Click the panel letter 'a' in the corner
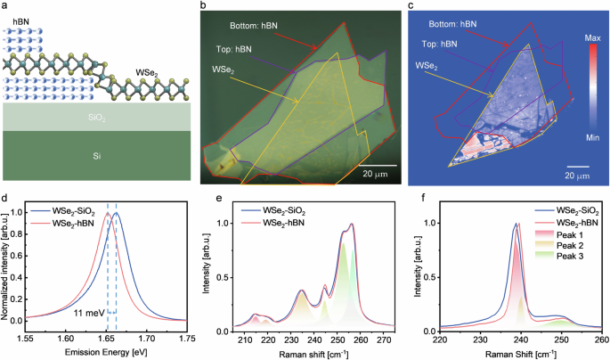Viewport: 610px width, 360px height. [x=5, y=6]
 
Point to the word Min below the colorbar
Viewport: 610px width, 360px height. [x=592, y=138]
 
